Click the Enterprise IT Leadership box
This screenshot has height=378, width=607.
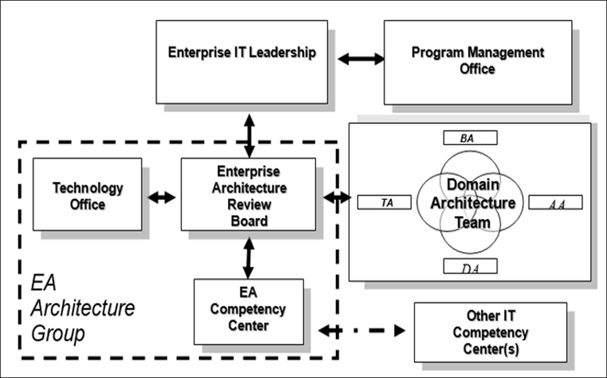tap(242, 61)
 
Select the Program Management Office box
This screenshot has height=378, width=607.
tap(477, 61)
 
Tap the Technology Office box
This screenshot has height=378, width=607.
tap(87, 194)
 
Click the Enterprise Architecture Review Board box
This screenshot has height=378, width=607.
tap(248, 194)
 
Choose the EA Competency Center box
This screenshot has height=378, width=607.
tap(249, 311)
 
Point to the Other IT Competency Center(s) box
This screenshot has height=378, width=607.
tap(490, 332)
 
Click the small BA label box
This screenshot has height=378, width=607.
tap(470, 138)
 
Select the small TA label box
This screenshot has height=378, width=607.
tap(385, 202)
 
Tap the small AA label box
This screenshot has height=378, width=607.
tap(555, 202)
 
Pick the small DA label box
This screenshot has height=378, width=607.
tap(470, 266)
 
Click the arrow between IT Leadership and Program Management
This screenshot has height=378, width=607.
tap(361, 59)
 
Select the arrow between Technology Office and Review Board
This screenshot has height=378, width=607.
tap(162, 197)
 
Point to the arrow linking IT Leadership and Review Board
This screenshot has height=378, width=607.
tap(249, 135)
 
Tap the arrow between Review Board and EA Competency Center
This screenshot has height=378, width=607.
tap(249, 258)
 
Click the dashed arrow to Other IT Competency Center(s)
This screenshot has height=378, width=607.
tap(362, 330)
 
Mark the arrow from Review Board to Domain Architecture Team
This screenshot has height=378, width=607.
tap(337, 197)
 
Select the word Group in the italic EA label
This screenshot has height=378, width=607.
tap(58, 334)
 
